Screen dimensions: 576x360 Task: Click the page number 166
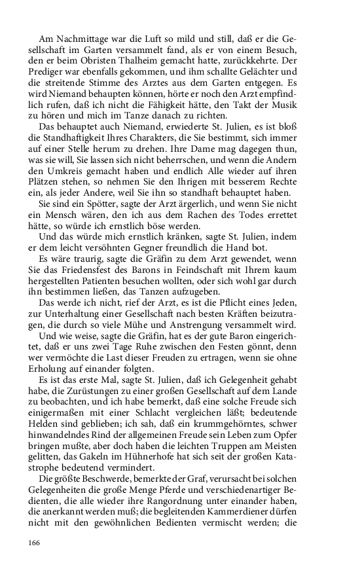pyautogui.click(x=34, y=542)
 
